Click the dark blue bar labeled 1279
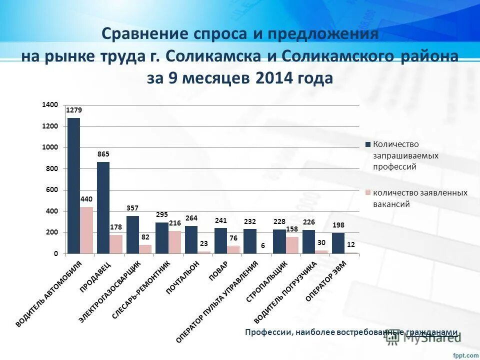click(x=73, y=186)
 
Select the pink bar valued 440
click(x=86, y=230)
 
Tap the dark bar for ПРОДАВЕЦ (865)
click(x=103, y=208)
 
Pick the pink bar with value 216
click(x=174, y=242)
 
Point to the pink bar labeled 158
click(x=292, y=245)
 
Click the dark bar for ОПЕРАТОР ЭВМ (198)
click(x=338, y=243)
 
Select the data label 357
click(x=132, y=208)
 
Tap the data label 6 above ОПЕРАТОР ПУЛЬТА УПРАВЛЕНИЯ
click(x=262, y=245)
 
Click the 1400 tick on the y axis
click(x=50, y=104)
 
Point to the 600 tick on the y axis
click(x=52, y=190)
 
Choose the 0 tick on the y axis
click(x=56, y=254)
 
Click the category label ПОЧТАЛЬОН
click(x=183, y=278)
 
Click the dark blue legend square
click(x=368, y=144)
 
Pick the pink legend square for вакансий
click(x=368, y=192)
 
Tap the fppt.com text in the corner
click(x=465, y=354)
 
